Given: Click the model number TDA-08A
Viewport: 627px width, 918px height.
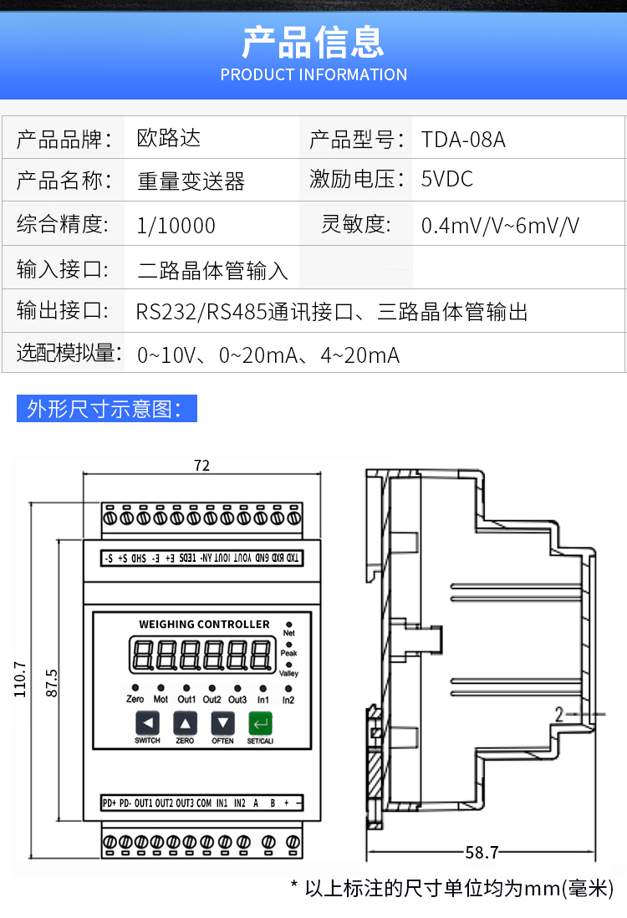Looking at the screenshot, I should (463, 139).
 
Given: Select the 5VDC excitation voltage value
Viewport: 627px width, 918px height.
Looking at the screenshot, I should (447, 179).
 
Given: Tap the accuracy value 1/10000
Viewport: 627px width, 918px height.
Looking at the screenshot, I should (176, 226).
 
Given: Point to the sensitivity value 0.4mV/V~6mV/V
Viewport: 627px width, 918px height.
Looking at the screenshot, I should (500, 226).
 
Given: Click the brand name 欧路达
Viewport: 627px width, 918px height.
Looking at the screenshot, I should (169, 138).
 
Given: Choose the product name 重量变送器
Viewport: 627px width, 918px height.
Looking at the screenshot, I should (191, 181).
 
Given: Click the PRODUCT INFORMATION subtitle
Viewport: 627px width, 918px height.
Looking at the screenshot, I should (313, 74).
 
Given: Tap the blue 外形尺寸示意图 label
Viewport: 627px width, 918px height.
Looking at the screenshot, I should (106, 409).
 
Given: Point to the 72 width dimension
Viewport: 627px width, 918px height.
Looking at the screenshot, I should (201, 466).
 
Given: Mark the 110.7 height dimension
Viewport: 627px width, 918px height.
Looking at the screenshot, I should (21, 679).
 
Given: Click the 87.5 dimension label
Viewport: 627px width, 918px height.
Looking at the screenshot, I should (52, 684).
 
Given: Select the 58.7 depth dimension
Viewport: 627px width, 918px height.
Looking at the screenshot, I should (482, 853).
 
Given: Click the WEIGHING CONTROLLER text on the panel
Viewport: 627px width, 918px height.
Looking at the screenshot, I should (204, 625).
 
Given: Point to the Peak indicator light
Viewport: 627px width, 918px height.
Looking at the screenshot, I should (289, 644).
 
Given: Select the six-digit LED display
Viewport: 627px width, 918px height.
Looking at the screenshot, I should (201, 655).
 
